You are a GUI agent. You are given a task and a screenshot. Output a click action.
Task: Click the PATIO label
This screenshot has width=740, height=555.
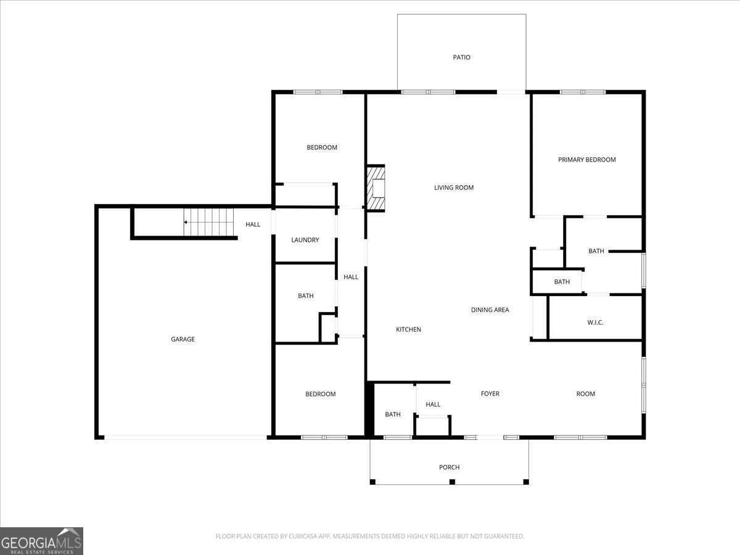coord(461,57)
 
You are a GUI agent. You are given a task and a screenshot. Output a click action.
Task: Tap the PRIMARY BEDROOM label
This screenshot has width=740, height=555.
coord(586,160)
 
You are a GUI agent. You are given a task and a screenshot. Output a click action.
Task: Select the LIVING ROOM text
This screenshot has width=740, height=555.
coord(454,187)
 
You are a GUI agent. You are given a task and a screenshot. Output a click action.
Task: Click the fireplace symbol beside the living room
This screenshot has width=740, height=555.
coord(376,188)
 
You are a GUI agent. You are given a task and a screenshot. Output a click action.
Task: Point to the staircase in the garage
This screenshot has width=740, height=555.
coord(210,222)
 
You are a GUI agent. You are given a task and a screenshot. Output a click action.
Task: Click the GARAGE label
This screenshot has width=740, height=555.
coord(183,339)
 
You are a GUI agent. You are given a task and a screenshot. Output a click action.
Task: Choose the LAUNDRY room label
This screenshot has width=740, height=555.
coord(305,240)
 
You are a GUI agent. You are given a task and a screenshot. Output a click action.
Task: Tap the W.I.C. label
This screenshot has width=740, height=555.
coord(595,323)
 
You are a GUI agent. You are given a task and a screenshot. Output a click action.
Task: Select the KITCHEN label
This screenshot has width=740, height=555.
coord(408,329)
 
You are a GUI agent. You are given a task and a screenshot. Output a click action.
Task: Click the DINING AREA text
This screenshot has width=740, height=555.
coord(490,310)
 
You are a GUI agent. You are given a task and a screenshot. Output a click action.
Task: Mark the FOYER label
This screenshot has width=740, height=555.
coord(490,393)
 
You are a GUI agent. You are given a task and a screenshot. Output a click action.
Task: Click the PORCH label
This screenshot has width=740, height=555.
coord(449,467)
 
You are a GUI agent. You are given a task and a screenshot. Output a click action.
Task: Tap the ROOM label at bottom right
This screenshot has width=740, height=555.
coord(585,393)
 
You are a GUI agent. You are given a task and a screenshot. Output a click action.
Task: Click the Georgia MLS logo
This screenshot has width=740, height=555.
coord(42,541)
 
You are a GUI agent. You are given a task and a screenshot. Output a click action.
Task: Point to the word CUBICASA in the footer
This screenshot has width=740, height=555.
coord(303,536)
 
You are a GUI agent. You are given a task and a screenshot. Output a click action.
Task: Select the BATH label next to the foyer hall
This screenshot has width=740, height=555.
coord(393,414)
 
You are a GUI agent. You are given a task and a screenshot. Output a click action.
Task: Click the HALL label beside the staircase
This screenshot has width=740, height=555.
coord(253,224)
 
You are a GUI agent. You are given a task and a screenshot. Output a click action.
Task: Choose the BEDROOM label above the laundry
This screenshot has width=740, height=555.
coord(322,147)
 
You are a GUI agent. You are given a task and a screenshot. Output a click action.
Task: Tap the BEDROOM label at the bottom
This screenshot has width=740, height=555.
coord(321,394)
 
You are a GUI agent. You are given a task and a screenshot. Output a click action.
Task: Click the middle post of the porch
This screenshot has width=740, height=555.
coord(452,482)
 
